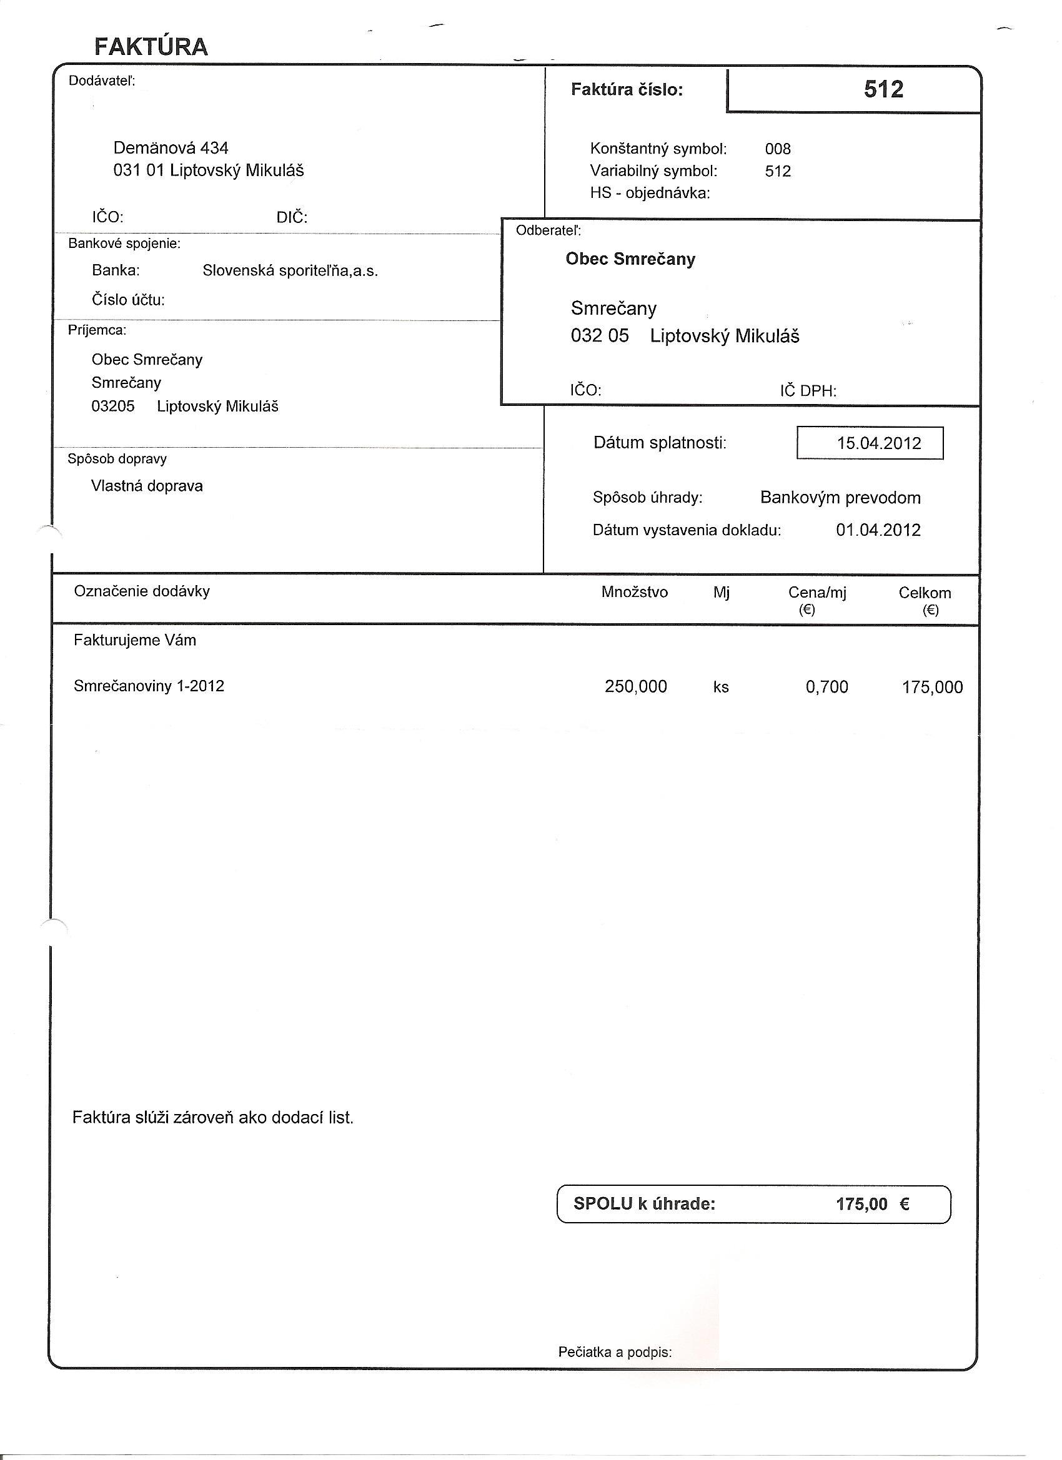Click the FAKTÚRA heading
[151, 47]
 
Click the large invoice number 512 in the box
[883, 89]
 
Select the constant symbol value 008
[777, 149]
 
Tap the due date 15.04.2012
[878, 443]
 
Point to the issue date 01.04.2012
[878, 530]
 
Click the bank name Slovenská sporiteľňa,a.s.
[290, 271]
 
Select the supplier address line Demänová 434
[171, 148]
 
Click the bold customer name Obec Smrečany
[630, 259]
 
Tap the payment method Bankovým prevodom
[840, 498]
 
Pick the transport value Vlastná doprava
[147, 486]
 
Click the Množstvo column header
[634, 592]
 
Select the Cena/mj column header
[816, 593]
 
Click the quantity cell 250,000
[636, 686]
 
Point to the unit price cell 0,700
[826, 687]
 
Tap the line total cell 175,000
[932, 687]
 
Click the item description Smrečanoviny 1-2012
[149, 686]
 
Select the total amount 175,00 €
[872, 1204]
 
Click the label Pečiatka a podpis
[615, 1353]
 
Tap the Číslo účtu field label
[128, 300]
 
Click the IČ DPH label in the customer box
[808, 391]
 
